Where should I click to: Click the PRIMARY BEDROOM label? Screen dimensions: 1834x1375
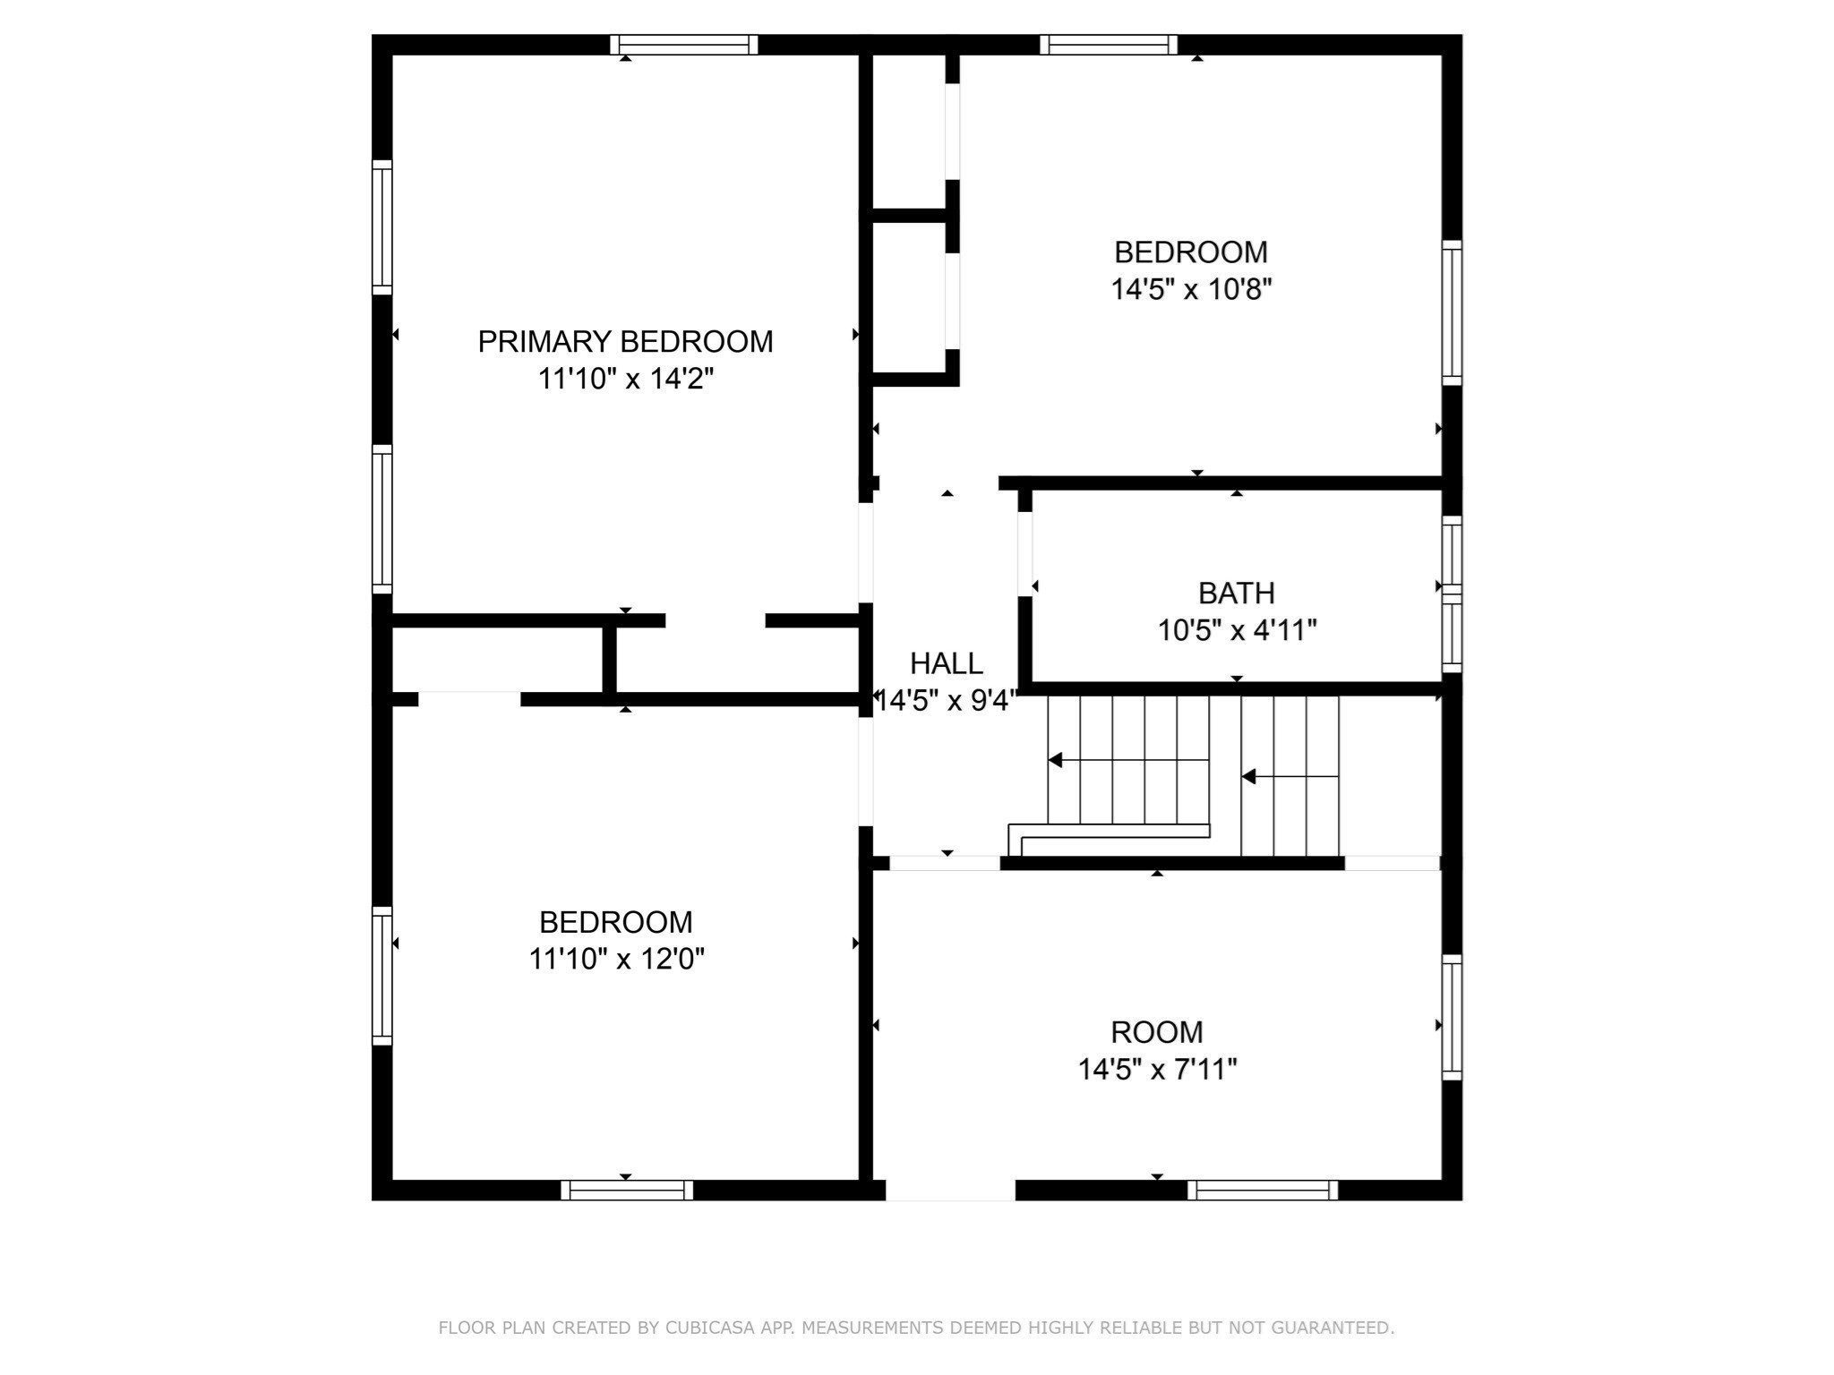[625, 342]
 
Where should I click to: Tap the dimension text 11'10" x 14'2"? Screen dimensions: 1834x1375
[625, 379]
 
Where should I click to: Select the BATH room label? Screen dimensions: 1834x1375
[1237, 594]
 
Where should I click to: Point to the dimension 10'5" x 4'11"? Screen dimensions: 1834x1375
[1237, 630]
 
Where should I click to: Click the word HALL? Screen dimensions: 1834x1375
[947, 663]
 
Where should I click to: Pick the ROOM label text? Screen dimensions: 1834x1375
[1157, 1032]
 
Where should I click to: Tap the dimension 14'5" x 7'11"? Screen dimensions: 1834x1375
[1157, 1069]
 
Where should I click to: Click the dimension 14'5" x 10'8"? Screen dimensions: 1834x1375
[1191, 289]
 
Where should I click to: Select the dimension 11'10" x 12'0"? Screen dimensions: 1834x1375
[616, 959]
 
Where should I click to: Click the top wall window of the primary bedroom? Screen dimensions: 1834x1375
[684, 45]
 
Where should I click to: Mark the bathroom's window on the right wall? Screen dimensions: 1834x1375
[1452, 594]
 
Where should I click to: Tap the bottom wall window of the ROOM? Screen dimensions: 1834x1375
[1263, 1191]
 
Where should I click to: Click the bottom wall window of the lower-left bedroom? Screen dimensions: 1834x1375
[627, 1191]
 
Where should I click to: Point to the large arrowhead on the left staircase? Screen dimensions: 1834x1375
[1055, 760]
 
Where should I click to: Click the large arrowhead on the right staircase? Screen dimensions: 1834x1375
[1248, 777]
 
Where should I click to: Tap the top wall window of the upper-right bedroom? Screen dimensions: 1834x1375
[1109, 45]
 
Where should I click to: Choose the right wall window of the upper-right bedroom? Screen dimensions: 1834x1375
[1452, 312]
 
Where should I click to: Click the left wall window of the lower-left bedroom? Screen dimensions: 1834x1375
[382, 976]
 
